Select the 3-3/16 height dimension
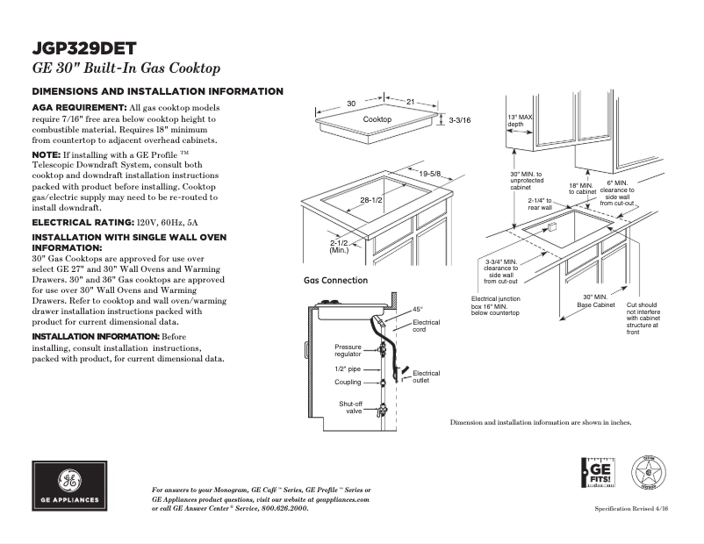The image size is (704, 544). point(460,119)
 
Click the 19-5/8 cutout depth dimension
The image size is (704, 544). point(429,174)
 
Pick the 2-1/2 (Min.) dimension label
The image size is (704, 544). point(340,247)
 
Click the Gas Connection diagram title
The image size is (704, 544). point(335,281)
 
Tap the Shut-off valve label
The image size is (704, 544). point(351,407)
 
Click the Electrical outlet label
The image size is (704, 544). point(426,377)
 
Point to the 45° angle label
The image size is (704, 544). point(418,310)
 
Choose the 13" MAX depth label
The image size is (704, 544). point(521,120)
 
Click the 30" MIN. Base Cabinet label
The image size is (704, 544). point(595,301)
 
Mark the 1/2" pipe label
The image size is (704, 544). point(348,369)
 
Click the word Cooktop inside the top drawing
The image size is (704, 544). point(377,119)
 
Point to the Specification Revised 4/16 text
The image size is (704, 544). point(631,509)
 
